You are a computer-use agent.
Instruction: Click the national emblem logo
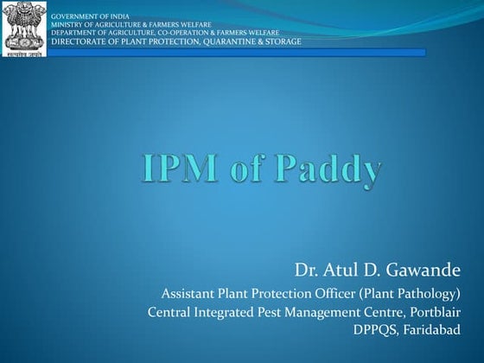coord(25,28)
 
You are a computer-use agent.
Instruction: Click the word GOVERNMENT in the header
coord(74,17)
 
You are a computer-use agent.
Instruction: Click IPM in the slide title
coord(178,168)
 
